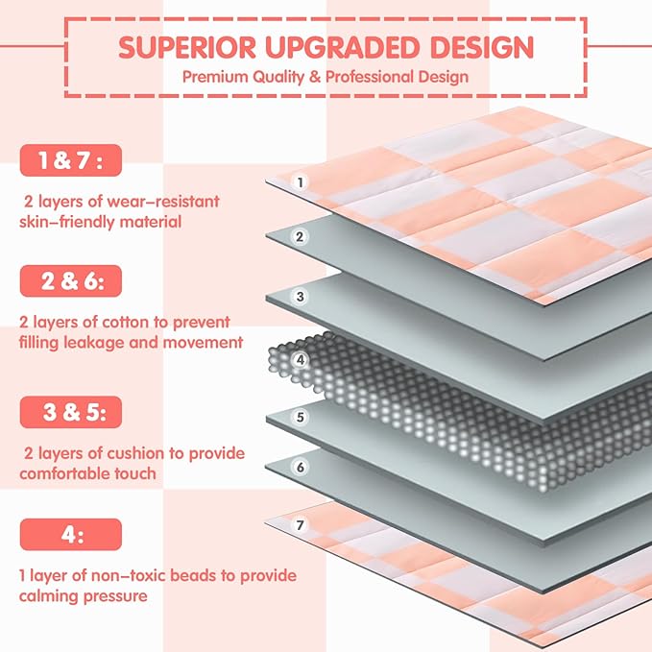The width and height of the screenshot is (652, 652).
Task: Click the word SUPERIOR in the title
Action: point(187,47)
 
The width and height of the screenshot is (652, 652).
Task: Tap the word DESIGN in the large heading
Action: point(482,47)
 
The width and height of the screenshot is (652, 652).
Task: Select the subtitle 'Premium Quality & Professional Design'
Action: point(326,77)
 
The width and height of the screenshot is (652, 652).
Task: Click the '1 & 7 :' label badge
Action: point(71,160)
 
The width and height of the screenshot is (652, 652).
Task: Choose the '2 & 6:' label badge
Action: point(71,281)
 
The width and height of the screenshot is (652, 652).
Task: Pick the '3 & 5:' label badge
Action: point(71,412)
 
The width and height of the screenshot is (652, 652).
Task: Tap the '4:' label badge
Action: point(71,534)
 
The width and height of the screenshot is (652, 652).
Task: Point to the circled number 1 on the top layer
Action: point(301,182)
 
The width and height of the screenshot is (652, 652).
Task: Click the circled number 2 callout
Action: point(300,236)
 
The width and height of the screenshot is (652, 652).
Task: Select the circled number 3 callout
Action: point(301,297)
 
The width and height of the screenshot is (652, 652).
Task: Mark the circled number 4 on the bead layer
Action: point(301,360)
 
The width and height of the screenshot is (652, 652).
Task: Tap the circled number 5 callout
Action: point(301,417)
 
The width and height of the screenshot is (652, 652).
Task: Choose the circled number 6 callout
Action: point(301,467)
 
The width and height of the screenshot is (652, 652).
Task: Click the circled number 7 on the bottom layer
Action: point(301,524)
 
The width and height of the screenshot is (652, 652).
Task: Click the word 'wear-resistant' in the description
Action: point(163,202)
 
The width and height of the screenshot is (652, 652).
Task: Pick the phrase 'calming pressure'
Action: point(84,596)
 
